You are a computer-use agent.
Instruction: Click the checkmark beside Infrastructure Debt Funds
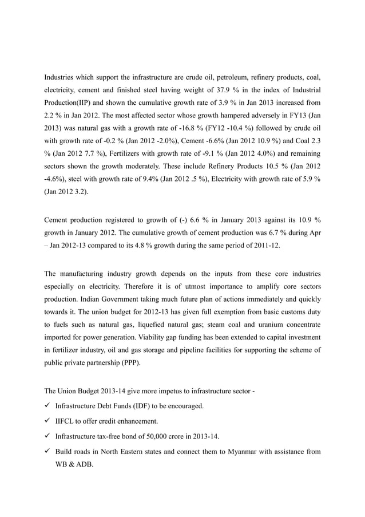(47, 407)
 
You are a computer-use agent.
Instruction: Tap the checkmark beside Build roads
(47, 451)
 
